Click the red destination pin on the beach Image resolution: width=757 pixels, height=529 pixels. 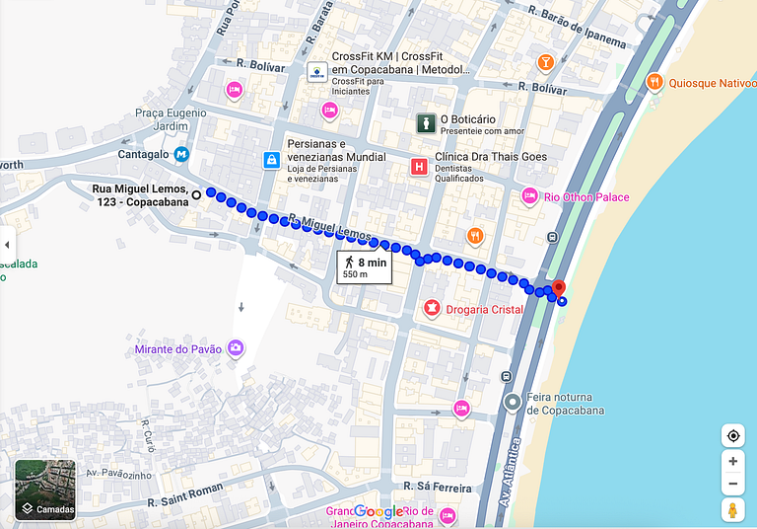(x=558, y=288)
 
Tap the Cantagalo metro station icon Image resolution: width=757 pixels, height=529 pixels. (x=181, y=155)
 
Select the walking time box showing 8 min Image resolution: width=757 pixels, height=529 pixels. (x=364, y=266)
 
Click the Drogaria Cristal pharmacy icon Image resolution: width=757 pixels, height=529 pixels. (x=430, y=310)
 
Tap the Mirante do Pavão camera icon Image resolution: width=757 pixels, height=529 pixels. (x=236, y=348)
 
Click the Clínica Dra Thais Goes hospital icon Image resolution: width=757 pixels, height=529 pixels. (x=420, y=167)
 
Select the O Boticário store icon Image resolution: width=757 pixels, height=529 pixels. (x=425, y=123)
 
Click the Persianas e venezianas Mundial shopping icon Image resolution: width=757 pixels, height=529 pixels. (x=271, y=160)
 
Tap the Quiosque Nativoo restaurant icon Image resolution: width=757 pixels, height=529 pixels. (x=654, y=82)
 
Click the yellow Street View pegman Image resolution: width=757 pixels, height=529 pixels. (x=732, y=510)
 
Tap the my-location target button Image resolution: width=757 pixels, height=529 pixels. (x=732, y=436)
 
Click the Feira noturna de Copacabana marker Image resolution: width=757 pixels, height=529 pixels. (x=512, y=403)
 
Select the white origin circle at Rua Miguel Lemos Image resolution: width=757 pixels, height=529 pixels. (x=197, y=194)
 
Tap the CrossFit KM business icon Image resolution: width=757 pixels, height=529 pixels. (x=316, y=72)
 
